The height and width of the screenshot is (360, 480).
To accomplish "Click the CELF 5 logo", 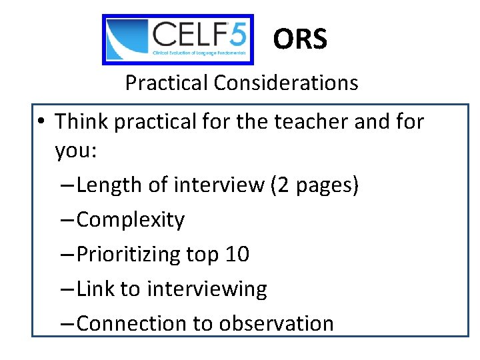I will click(x=178, y=39).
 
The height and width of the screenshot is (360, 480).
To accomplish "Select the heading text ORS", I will click(x=300, y=40).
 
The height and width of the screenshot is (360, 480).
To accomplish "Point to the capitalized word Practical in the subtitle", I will click(x=167, y=83).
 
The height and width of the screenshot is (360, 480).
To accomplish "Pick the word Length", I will click(x=110, y=185).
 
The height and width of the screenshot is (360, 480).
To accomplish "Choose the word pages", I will click(x=327, y=186).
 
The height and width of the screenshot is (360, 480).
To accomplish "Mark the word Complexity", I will click(x=131, y=220).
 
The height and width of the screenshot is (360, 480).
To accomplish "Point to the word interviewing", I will click(x=207, y=289).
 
